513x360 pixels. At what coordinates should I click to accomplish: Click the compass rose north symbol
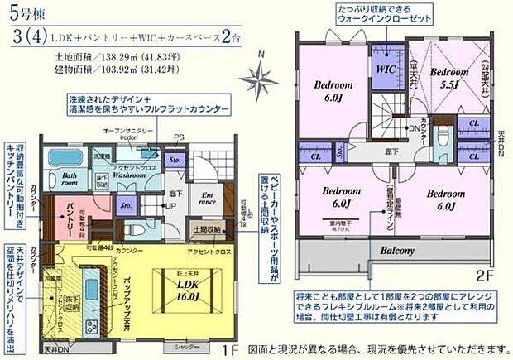pos(266,79)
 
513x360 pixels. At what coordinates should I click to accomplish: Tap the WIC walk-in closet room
pos(386,70)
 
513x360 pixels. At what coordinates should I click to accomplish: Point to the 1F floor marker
pos(236,350)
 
